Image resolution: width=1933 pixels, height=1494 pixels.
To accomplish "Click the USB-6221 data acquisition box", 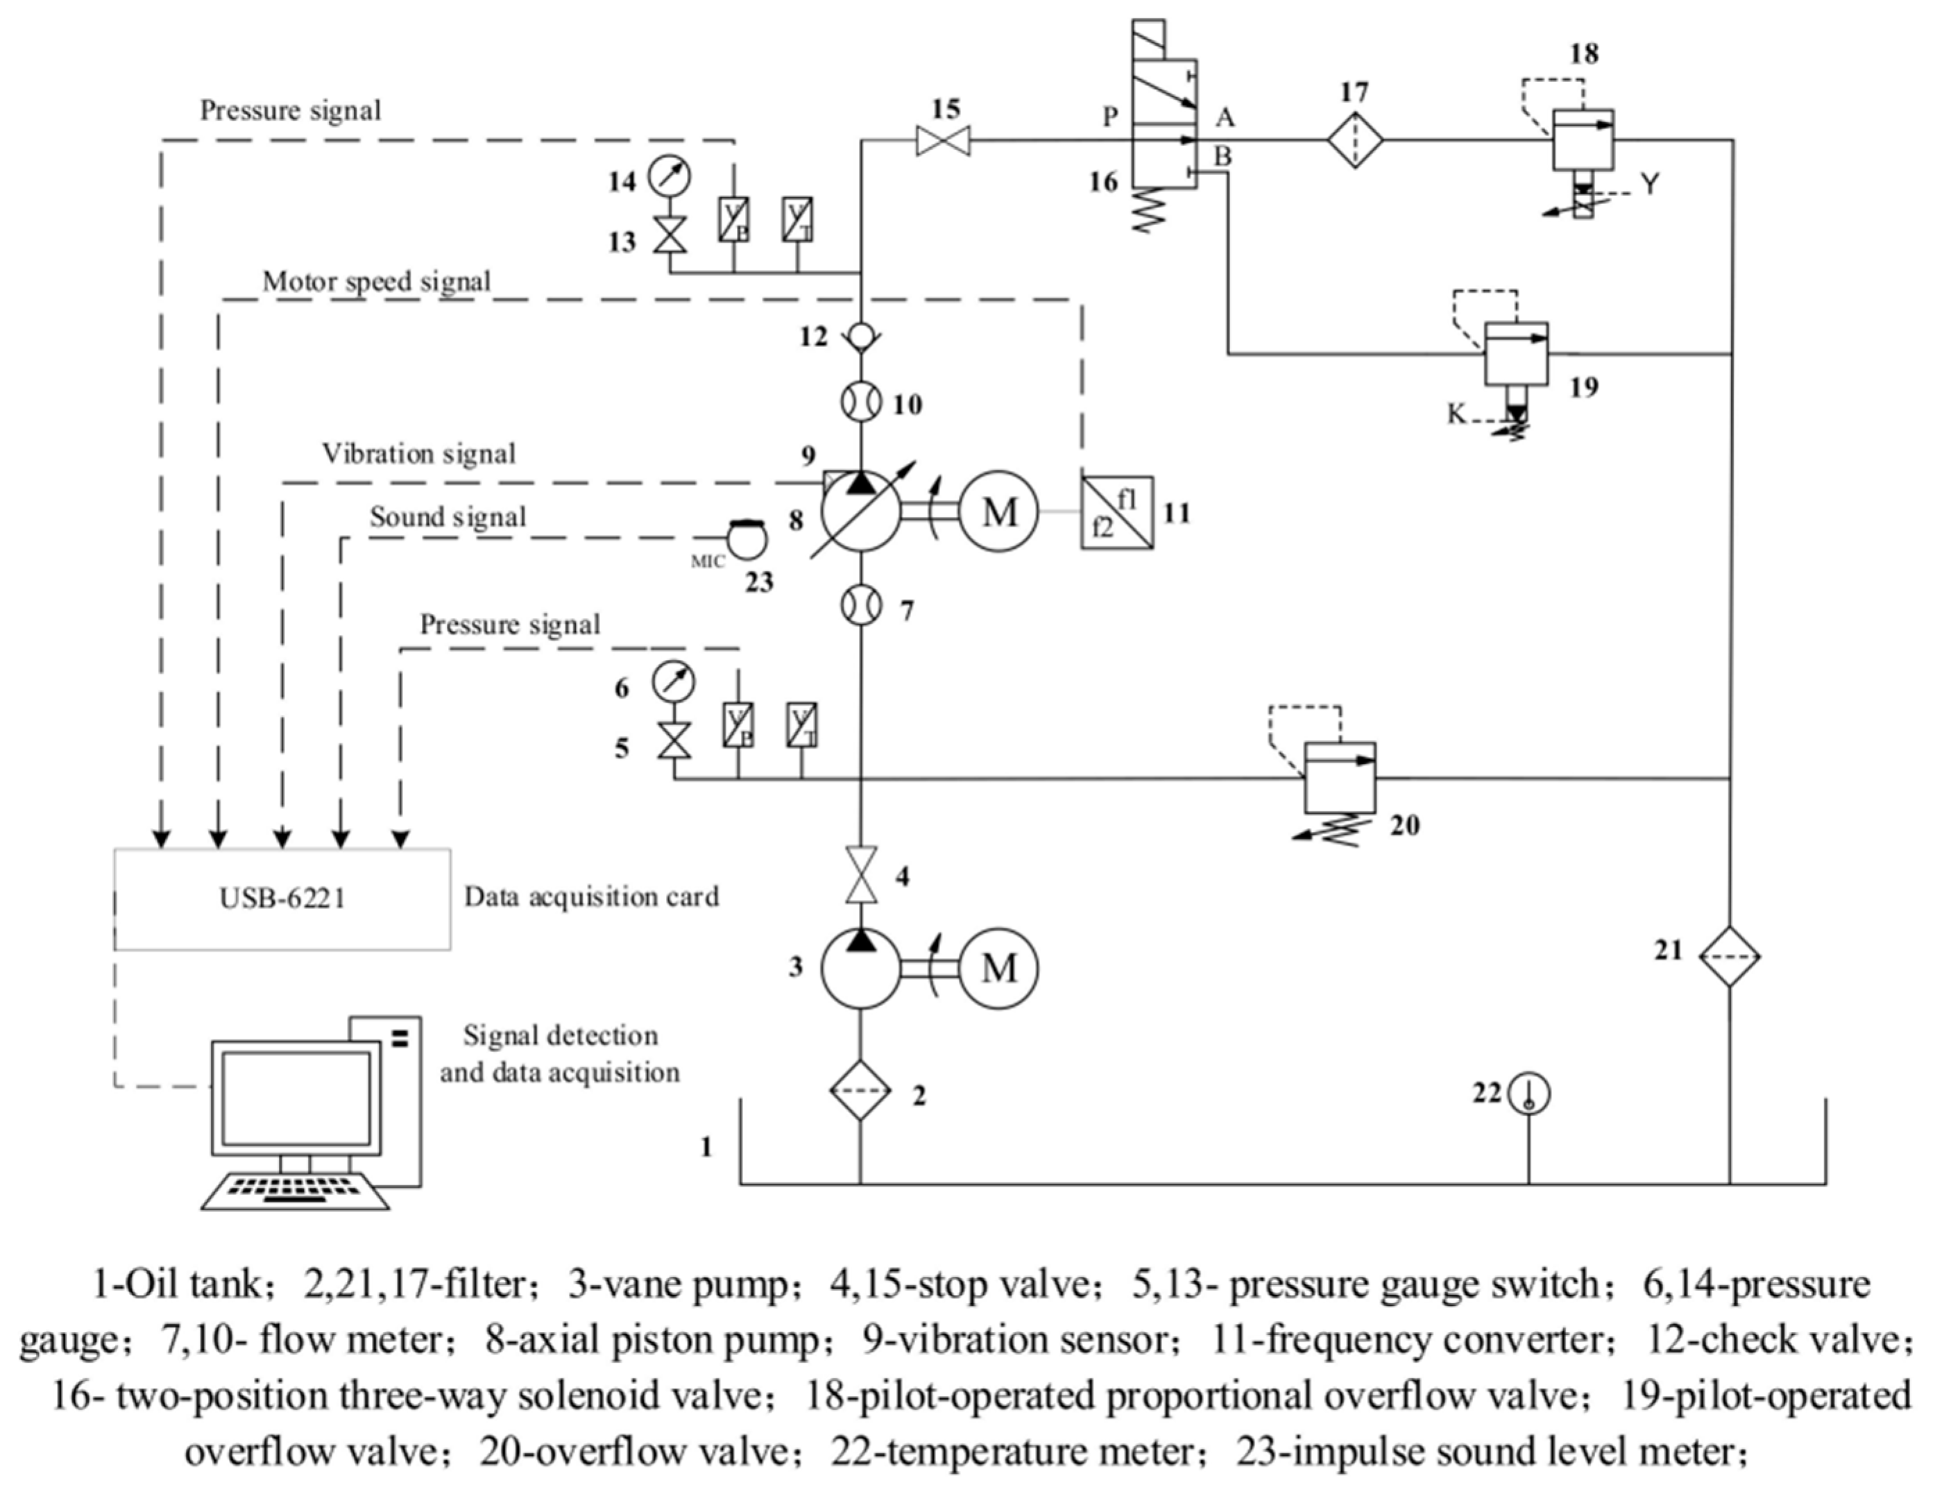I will point(282,899).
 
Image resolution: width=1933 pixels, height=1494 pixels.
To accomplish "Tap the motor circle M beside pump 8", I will point(999,511).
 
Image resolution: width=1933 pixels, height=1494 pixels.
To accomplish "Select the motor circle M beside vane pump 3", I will point(999,967).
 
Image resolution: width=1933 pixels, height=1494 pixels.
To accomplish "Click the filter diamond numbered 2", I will point(860,1090).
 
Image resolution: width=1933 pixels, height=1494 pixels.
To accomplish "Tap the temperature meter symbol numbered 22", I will point(1528,1094).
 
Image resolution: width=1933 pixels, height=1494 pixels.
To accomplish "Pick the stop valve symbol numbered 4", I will point(860,874).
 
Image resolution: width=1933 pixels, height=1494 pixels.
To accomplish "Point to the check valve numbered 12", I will point(860,337).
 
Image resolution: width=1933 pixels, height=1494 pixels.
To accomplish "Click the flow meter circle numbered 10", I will point(860,402).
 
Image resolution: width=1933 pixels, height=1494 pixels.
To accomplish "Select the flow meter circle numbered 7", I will point(860,606).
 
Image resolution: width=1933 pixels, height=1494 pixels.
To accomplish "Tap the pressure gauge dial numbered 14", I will point(669,174).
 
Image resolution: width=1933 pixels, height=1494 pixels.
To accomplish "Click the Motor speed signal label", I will point(376,282).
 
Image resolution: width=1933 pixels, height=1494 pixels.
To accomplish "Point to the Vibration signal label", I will point(418,454).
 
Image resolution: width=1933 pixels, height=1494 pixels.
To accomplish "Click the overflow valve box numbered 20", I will point(1340,778).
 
